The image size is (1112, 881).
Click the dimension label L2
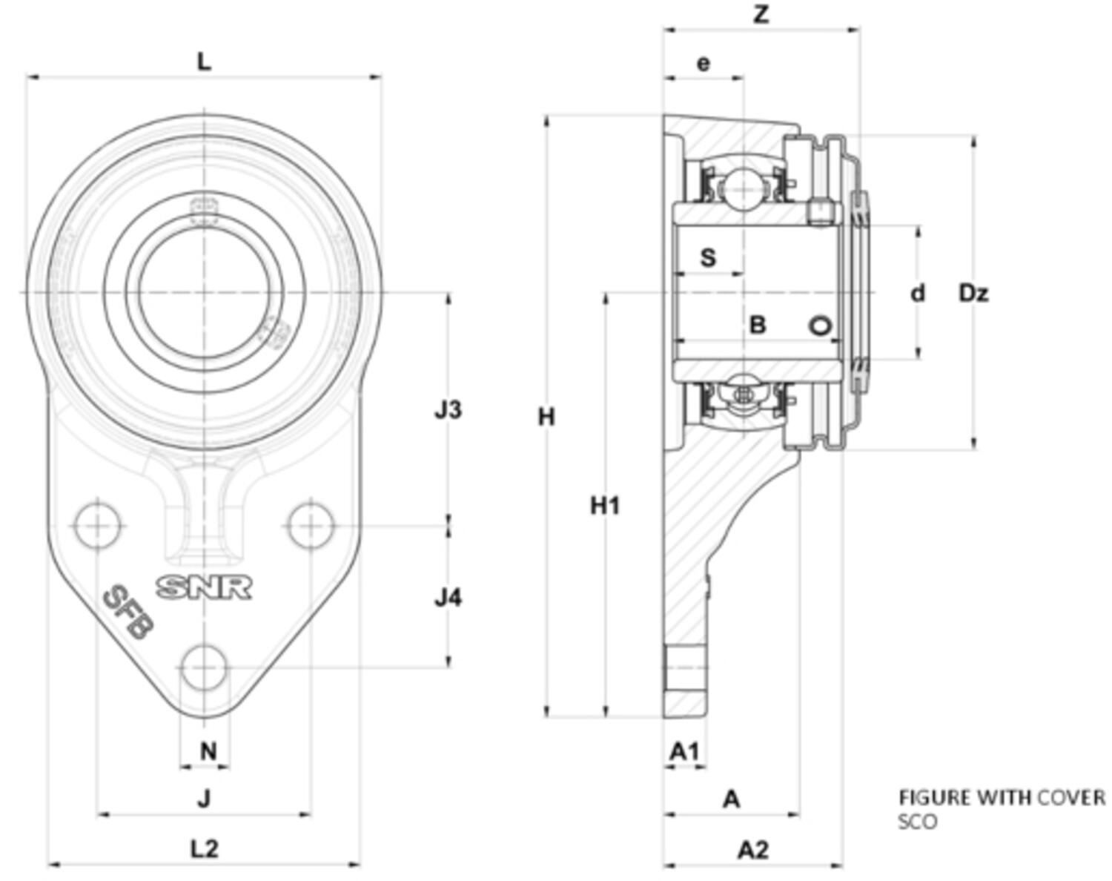tap(205, 848)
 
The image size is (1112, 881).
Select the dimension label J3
tap(448, 409)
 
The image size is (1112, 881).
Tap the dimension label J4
tap(448, 597)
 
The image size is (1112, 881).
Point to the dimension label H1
tap(605, 506)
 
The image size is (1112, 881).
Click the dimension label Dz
tap(973, 294)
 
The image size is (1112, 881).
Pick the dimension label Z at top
tap(761, 15)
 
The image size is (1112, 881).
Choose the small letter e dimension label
tap(703, 63)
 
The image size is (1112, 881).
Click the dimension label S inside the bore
tap(709, 258)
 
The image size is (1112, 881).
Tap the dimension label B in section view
tap(757, 325)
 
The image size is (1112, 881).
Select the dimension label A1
tap(684, 752)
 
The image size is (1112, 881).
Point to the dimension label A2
tap(753, 850)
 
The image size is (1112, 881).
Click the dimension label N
tap(208, 751)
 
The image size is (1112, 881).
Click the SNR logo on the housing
tap(204, 587)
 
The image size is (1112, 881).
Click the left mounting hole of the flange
tap(97, 525)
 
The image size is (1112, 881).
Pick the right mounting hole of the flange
tap(311, 525)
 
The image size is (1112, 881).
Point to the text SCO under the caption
tap(917, 822)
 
